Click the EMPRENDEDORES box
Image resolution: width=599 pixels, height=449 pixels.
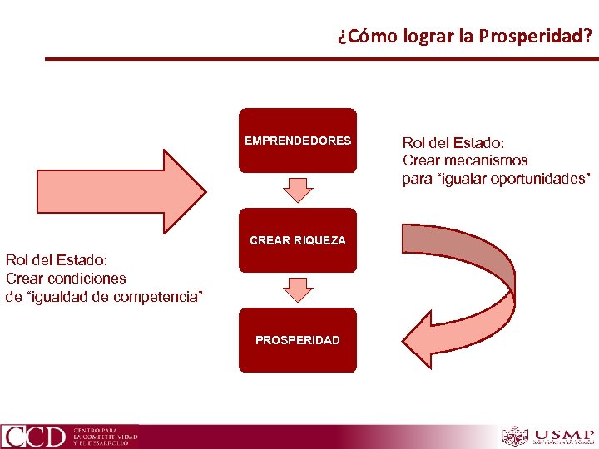(x=298, y=141)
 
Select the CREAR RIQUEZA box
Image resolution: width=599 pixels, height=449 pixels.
(x=298, y=240)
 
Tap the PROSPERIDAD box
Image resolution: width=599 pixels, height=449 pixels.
(x=298, y=340)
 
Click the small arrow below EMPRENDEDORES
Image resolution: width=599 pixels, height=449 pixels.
(x=298, y=190)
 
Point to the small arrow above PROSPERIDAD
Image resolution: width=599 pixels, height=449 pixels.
(x=298, y=289)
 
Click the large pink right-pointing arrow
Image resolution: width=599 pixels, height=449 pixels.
(x=121, y=190)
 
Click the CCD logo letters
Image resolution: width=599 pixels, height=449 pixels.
(x=34, y=437)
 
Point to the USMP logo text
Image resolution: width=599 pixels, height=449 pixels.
(x=563, y=434)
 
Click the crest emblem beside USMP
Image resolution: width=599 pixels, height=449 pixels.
(x=515, y=436)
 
